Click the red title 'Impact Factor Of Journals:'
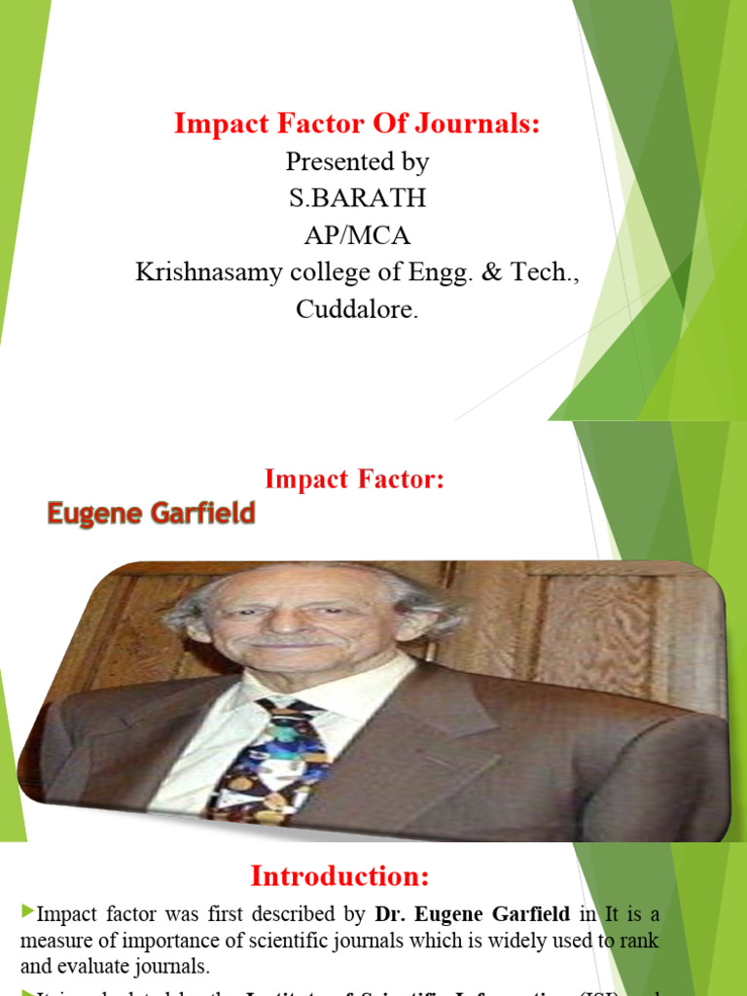coord(357,124)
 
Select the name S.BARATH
coord(357,198)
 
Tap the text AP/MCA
coord(357,235)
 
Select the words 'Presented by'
coord(357,161)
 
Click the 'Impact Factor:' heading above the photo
coord(354,480)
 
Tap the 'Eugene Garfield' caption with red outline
coord(152,514)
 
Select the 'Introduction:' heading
coord(339,876)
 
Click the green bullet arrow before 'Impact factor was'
coord(26,912)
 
